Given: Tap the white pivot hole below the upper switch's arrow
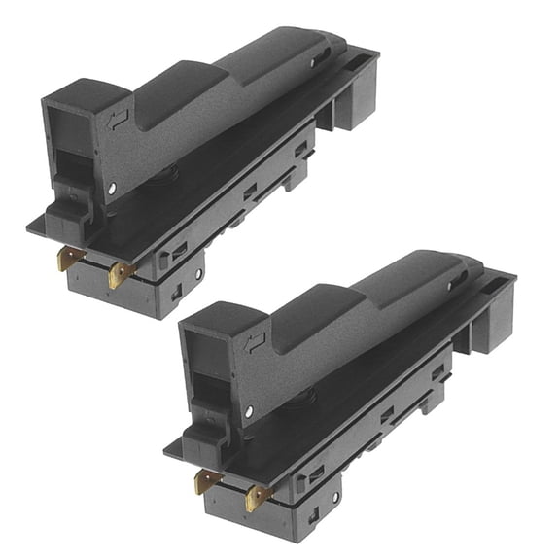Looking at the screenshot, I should click(x=113, y=187).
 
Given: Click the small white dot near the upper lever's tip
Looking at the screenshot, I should click(x=313, y=64).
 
